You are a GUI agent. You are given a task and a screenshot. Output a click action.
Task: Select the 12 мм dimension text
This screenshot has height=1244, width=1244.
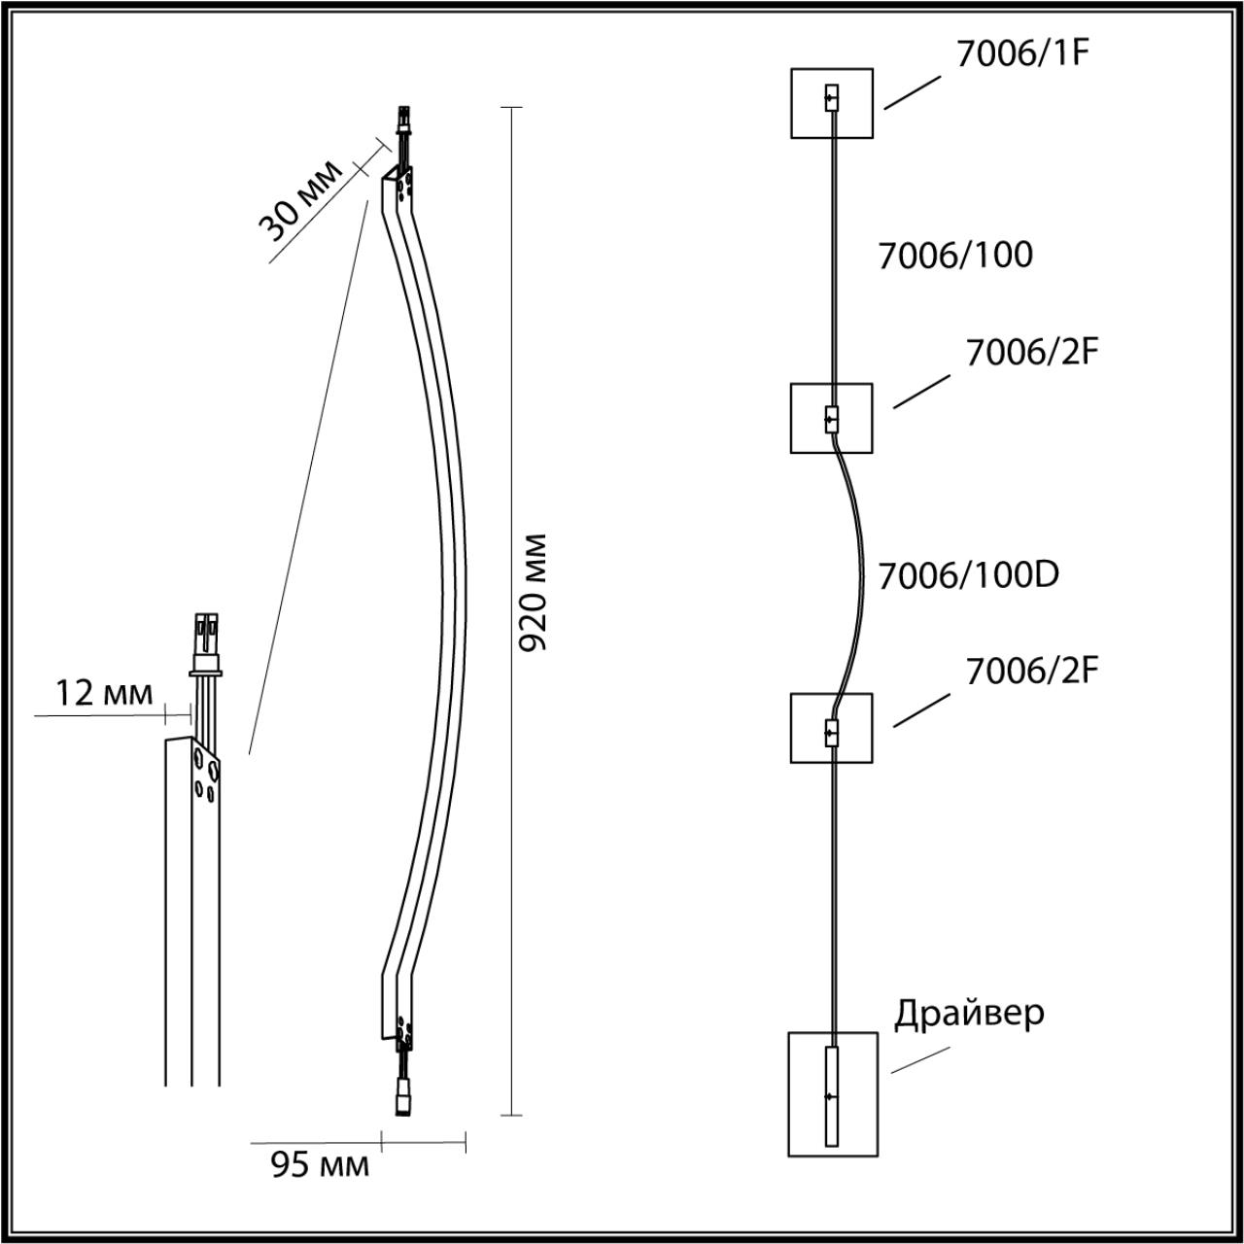click(x=104, y=693)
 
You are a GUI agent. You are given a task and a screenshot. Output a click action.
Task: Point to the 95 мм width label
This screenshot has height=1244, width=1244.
click(x=320, y=1164)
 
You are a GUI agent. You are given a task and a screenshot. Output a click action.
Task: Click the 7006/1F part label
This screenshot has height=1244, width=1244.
click(x=1019, y=52)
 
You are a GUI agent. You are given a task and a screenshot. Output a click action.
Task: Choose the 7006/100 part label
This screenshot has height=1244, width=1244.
click(x=954, y=256)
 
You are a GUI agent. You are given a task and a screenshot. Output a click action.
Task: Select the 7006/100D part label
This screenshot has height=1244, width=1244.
click(x=967, y=575)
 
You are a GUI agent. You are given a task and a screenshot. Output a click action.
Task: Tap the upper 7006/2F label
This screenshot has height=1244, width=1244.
click(x=1031, y=353)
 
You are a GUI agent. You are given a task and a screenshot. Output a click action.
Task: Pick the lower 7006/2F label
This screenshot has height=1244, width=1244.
click(x=1031, y=671)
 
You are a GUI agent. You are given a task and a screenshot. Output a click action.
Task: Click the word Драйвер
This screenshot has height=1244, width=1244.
click(x=969, y=1013)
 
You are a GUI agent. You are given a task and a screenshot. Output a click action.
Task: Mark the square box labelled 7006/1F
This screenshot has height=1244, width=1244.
click(x=831, y=103)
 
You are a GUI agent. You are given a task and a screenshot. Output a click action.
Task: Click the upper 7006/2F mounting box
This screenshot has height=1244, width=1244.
click(x=831, y=418)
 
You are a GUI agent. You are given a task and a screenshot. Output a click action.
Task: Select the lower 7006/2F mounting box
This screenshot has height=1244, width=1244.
click(x=831, y=728)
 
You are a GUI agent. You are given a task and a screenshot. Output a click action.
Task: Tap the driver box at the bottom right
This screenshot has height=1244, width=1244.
click(x=831, y=1093)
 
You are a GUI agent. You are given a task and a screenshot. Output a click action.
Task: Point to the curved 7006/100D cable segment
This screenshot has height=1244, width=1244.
click(x=855, y=573)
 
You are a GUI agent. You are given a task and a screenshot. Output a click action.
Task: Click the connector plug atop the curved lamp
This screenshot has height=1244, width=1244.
click(x=401, y=123)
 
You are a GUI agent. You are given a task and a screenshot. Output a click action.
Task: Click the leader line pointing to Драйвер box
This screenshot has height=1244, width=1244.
click(x=919, y=1060)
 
